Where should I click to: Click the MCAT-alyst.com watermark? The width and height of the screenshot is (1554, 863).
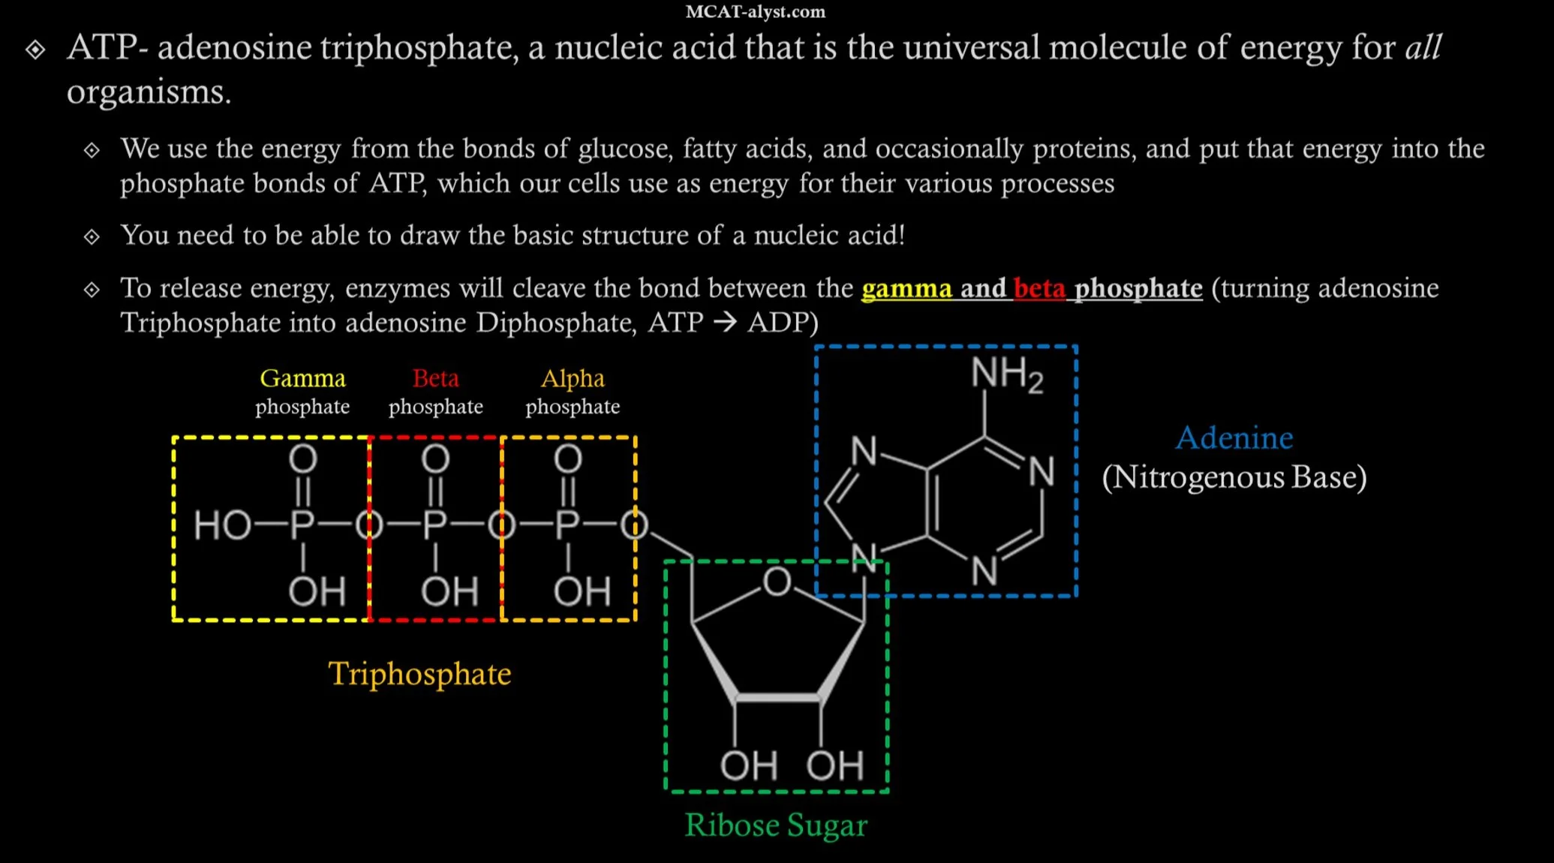pos(755,12)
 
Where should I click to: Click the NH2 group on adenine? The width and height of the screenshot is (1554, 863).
pos(1006,374)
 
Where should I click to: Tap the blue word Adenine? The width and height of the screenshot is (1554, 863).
pos(1234,438)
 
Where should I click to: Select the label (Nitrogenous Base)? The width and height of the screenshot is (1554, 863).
pos(1234,477)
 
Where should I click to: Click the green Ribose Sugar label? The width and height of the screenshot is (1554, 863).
pos(776,825)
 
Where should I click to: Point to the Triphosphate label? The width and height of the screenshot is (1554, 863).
pos(419,674)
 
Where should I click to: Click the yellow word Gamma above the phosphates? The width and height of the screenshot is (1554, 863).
pos(302,378)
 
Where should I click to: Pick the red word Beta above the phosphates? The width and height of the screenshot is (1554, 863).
pos(435,378)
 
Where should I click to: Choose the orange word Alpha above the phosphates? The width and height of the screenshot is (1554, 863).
pos(573,378)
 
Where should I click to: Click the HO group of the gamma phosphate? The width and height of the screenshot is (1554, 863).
pos(222,525)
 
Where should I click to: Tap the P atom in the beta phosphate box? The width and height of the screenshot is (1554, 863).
pos(435,525)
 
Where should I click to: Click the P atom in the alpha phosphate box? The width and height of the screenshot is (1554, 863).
pos(568,525)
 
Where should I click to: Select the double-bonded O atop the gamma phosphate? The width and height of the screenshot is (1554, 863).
pos(303,459)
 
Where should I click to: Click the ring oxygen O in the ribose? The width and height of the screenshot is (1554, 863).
pos(777,582)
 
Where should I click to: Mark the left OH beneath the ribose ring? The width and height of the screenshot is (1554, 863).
pos(748,766)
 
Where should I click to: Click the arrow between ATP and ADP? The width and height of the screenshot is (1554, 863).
pos(725,323)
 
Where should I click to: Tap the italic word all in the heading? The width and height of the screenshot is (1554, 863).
pos(1423,48)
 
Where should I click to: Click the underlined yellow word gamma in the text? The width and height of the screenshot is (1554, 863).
pos(906,289)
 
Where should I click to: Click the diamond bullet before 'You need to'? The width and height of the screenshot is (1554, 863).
pos(92,237)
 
